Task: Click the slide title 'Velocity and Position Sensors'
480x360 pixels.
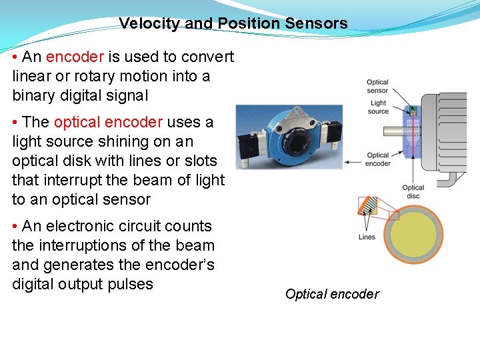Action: pyautogui.click(x=233, y=24)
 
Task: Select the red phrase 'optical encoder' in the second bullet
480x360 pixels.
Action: pyautogui.click(x=108, y=123)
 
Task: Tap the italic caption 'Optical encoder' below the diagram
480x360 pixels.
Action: pyautogui.click(x=332, y=294)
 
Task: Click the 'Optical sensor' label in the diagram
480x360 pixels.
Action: pyautogui.click(x=377, y=87)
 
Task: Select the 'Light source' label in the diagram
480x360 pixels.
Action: pyautogui.click(x=378, y=107)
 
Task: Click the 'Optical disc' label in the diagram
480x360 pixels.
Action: pyautogui.click(x=413, y=192)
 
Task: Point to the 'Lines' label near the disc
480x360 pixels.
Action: pyautogui.click(x=367, y=237)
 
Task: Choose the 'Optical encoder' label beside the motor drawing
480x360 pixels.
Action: pyautogui.click(x=378, y=159)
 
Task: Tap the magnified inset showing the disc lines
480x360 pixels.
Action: pyautogui.click(x=368, y=209)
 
